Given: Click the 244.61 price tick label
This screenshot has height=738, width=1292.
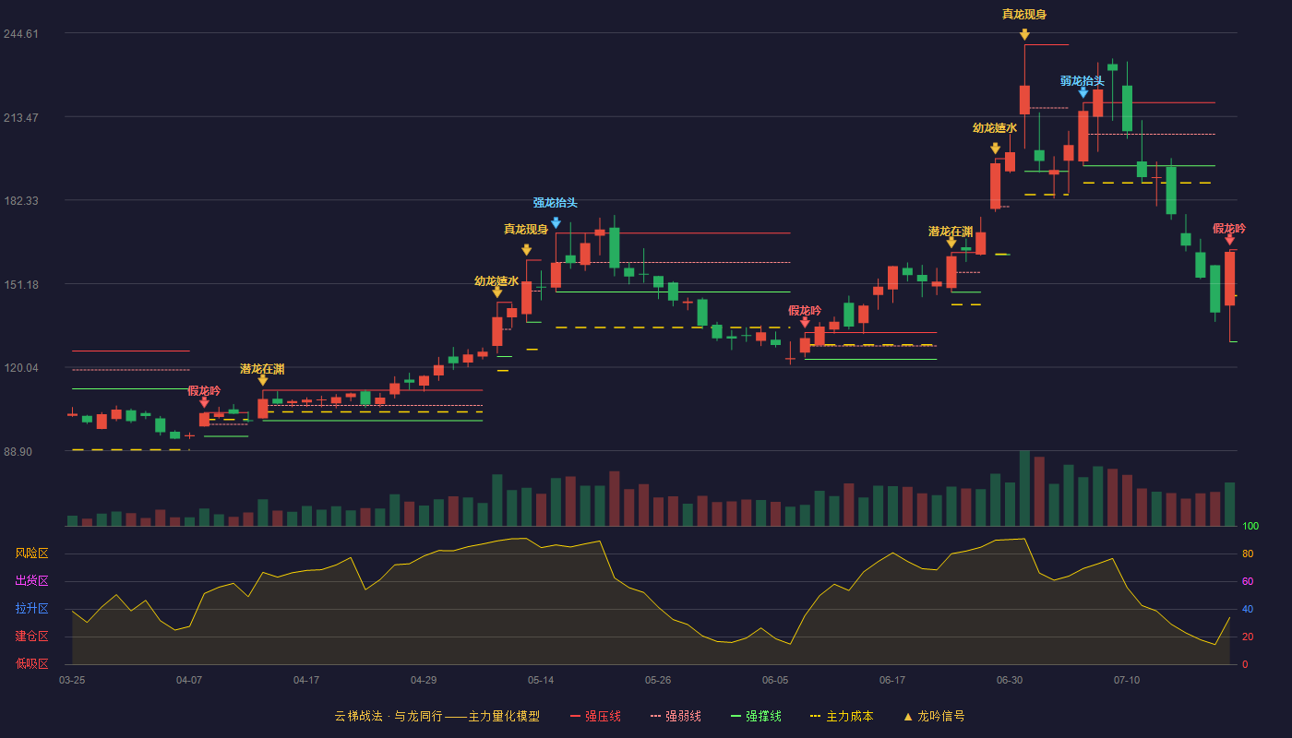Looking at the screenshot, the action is point(20,34).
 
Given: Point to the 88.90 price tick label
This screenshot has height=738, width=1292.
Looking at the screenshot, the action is point(18,451).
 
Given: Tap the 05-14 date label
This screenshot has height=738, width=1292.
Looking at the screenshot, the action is point(541,681).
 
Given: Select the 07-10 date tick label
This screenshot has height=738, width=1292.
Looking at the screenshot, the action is point(1127,681).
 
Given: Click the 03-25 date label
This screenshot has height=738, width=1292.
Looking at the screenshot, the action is point(72,681).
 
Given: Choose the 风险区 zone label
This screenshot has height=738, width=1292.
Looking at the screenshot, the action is point(31,553).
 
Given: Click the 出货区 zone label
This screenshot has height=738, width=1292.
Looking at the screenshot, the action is point(31,580).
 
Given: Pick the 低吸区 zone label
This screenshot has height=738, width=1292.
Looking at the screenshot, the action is point(31,663).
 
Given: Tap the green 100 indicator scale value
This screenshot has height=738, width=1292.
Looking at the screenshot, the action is point(1250,526).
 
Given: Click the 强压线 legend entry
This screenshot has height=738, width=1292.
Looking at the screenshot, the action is point(595,716).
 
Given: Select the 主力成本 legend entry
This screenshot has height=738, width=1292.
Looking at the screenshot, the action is point(842,716).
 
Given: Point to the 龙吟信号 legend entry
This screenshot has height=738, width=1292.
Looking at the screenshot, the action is point(934,716).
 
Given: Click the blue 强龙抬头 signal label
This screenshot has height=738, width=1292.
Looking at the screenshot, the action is point(555,202).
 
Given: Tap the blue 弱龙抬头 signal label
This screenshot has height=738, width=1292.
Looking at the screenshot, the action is point(1082,81).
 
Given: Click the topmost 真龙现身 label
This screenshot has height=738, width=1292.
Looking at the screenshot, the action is point(1024,15).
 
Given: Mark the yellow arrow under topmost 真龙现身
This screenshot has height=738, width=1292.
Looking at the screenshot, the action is point(1024,35).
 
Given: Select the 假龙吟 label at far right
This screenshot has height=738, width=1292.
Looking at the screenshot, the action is point(1229,229).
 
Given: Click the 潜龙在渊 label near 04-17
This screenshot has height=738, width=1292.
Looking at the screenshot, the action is point(262,369).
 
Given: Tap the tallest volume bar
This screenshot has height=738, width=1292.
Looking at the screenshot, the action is point(1024,488).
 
